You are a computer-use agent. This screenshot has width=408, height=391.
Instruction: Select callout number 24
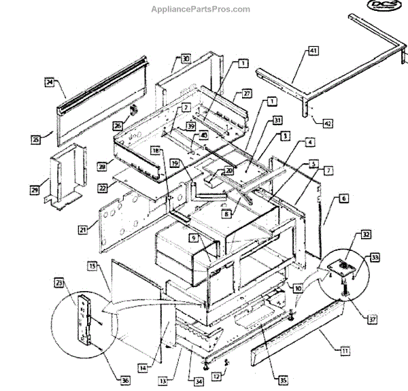[49, 82]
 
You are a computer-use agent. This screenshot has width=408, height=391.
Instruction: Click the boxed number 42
[327, 123]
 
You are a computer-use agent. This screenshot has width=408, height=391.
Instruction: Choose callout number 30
[186, 58]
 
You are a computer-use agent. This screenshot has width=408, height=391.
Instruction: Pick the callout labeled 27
[248, 93]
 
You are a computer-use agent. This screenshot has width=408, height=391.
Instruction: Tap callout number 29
[33, 190]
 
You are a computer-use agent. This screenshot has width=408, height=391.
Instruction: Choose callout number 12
[216, 377]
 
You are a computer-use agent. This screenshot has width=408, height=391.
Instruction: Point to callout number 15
[91, 266]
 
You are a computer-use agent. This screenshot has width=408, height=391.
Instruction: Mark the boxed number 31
[258, 120]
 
